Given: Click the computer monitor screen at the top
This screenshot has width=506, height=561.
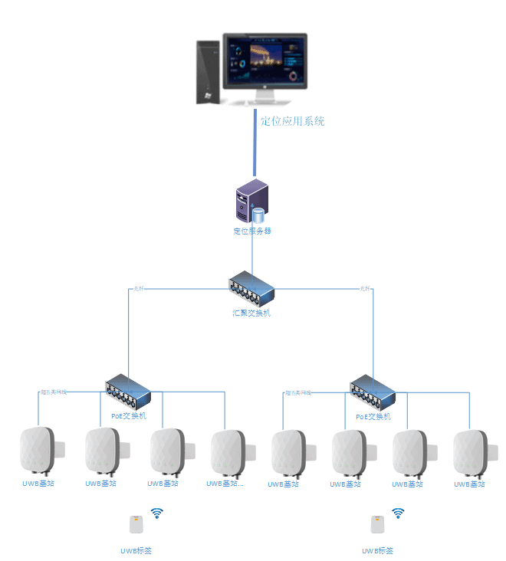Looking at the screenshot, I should tap(265, 61).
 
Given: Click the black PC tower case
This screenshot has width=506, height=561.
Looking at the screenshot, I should tap(208, 72).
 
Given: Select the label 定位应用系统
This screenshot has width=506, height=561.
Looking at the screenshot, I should tap(293, 121).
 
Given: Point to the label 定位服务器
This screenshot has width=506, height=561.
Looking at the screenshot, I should tap(252, 231).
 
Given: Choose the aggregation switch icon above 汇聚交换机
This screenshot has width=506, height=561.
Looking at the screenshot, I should tap(251, 290).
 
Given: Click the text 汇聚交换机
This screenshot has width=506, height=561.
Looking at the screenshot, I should tap(251, 313).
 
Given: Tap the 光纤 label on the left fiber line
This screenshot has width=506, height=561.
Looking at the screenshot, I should tap(139, 289).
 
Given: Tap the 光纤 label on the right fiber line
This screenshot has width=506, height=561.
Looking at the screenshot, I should tap(365, 289).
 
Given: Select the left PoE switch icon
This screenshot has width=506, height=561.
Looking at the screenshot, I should tap(128, 392).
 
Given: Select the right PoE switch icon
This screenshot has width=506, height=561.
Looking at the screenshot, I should tap(373, 392).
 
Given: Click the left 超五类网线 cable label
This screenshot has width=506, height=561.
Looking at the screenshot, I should tap(54, 392).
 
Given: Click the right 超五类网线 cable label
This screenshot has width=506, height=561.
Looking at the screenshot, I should tap(298, 392).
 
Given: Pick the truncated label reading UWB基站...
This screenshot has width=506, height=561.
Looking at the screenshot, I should tap(225, 484).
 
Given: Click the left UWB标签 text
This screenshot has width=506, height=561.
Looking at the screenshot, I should tap(136, 550).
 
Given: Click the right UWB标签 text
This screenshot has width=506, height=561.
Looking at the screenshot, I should tap(378, 550).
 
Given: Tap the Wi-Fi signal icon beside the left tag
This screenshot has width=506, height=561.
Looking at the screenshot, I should tap(157, 513).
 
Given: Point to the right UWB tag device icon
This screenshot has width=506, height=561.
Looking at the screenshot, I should tap(377, 524).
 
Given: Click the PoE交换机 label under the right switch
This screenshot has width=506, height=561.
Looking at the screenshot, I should tap(373, 417).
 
